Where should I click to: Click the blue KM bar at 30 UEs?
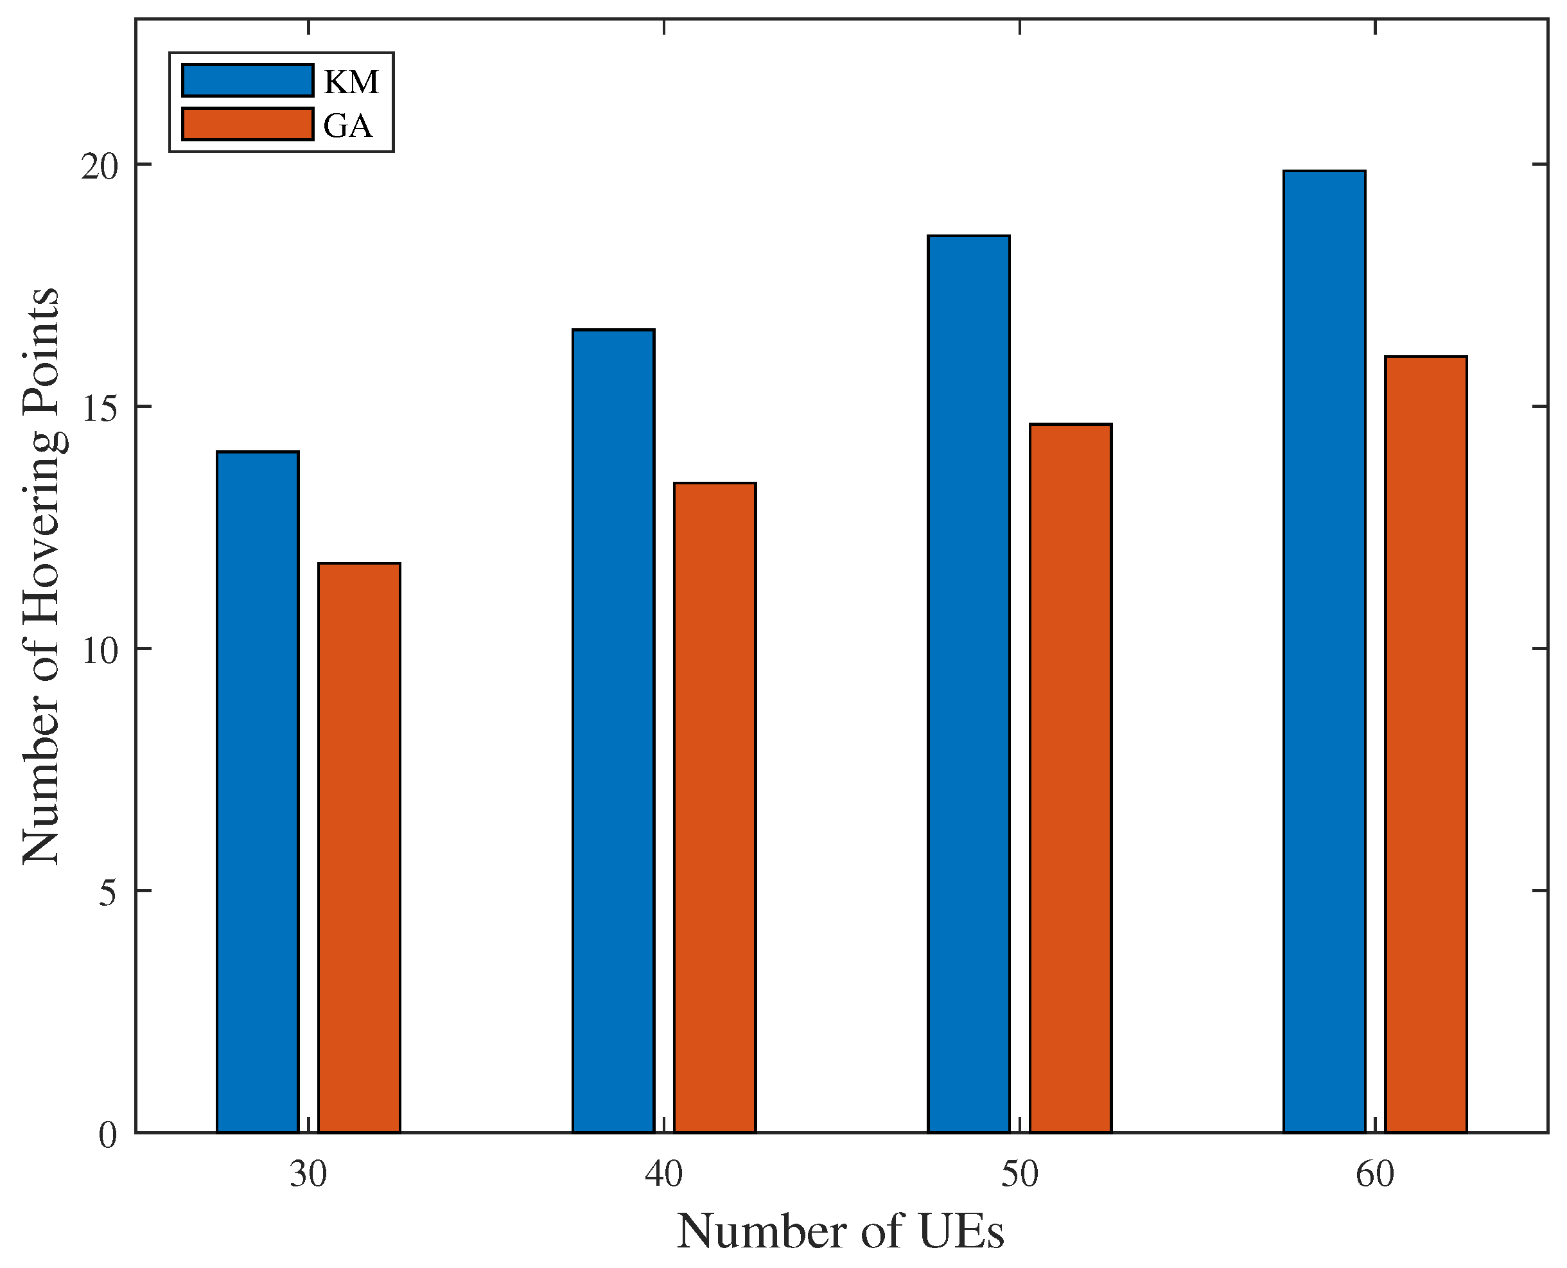(x=258, y=793)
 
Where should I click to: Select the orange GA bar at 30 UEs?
(x=359, y=848)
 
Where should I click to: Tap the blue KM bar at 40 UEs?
(x=613, y=731)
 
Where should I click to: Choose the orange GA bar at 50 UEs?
(x=1071, y=779)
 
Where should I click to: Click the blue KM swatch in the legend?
(x=247, y=80)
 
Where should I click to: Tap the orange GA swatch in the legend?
(x=247, y=124)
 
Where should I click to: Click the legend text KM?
(x=351, y=82)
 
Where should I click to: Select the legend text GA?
(x=347, y=127)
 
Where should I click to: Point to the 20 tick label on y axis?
(x=100, y=167)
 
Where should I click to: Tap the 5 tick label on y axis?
(x=108, y=894)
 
